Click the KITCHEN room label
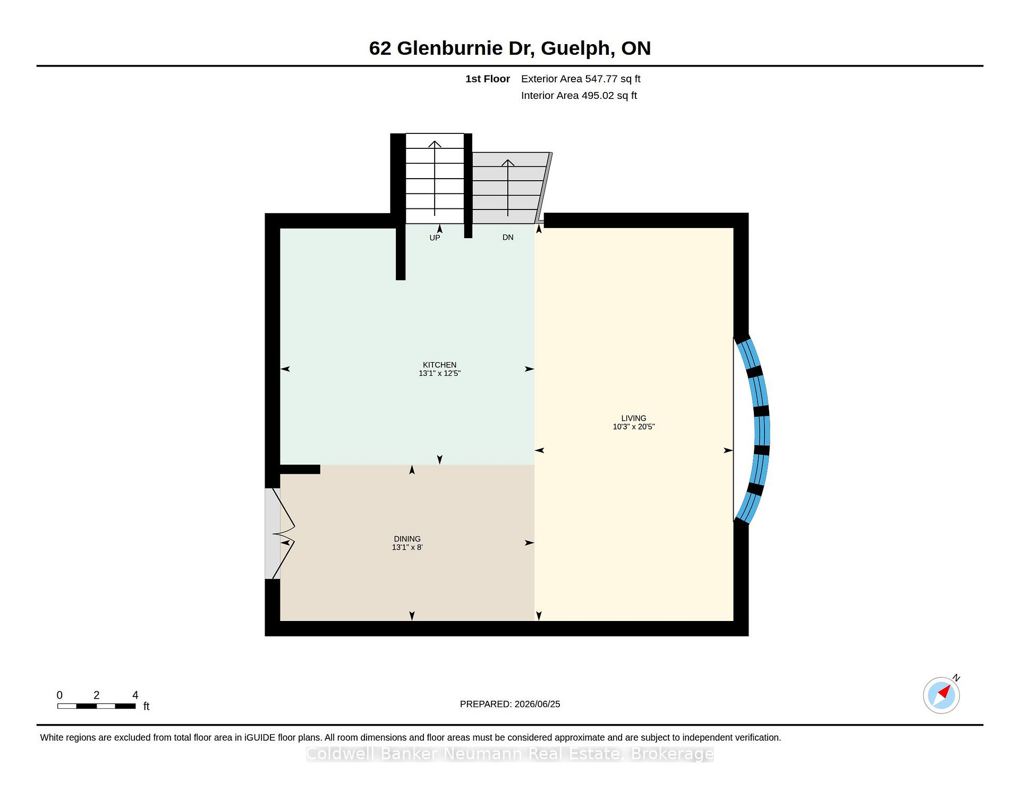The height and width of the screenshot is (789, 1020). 439,365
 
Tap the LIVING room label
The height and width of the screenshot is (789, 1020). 634,418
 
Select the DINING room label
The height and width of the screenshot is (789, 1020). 407,539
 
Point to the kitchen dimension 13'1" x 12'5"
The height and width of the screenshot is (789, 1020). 439,373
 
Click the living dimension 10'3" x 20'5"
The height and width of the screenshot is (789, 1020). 634,426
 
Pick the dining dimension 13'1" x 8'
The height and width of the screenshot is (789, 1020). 407,547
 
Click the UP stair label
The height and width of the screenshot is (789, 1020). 435,238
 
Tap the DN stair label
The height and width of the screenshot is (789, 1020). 508,237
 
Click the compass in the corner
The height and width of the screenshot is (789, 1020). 941,695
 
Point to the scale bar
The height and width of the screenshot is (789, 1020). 96,706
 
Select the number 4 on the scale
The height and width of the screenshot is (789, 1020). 135,695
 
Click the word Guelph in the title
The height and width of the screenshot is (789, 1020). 575,48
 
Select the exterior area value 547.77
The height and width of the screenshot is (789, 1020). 601,79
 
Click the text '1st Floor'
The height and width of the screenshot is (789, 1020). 488,79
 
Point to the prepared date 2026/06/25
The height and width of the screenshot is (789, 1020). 537,704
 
